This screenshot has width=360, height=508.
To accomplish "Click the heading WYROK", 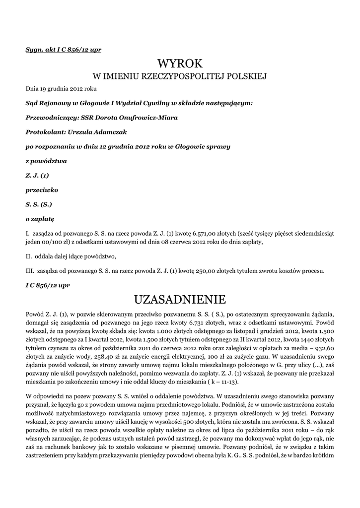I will click(x=180, y=63).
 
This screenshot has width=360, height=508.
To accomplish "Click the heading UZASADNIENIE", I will click(x=180, y=300).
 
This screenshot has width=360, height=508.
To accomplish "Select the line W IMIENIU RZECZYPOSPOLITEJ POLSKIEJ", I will click(x=180, y=76).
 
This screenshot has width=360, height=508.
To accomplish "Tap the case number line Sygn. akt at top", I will click(x=64, y=50).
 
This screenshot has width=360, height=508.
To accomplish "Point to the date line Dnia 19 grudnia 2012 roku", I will click(x=61, y=89).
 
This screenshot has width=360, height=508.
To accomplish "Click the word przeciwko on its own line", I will click(x=42, y=190).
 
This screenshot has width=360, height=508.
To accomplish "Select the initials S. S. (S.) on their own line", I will click(x=39, y=204).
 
